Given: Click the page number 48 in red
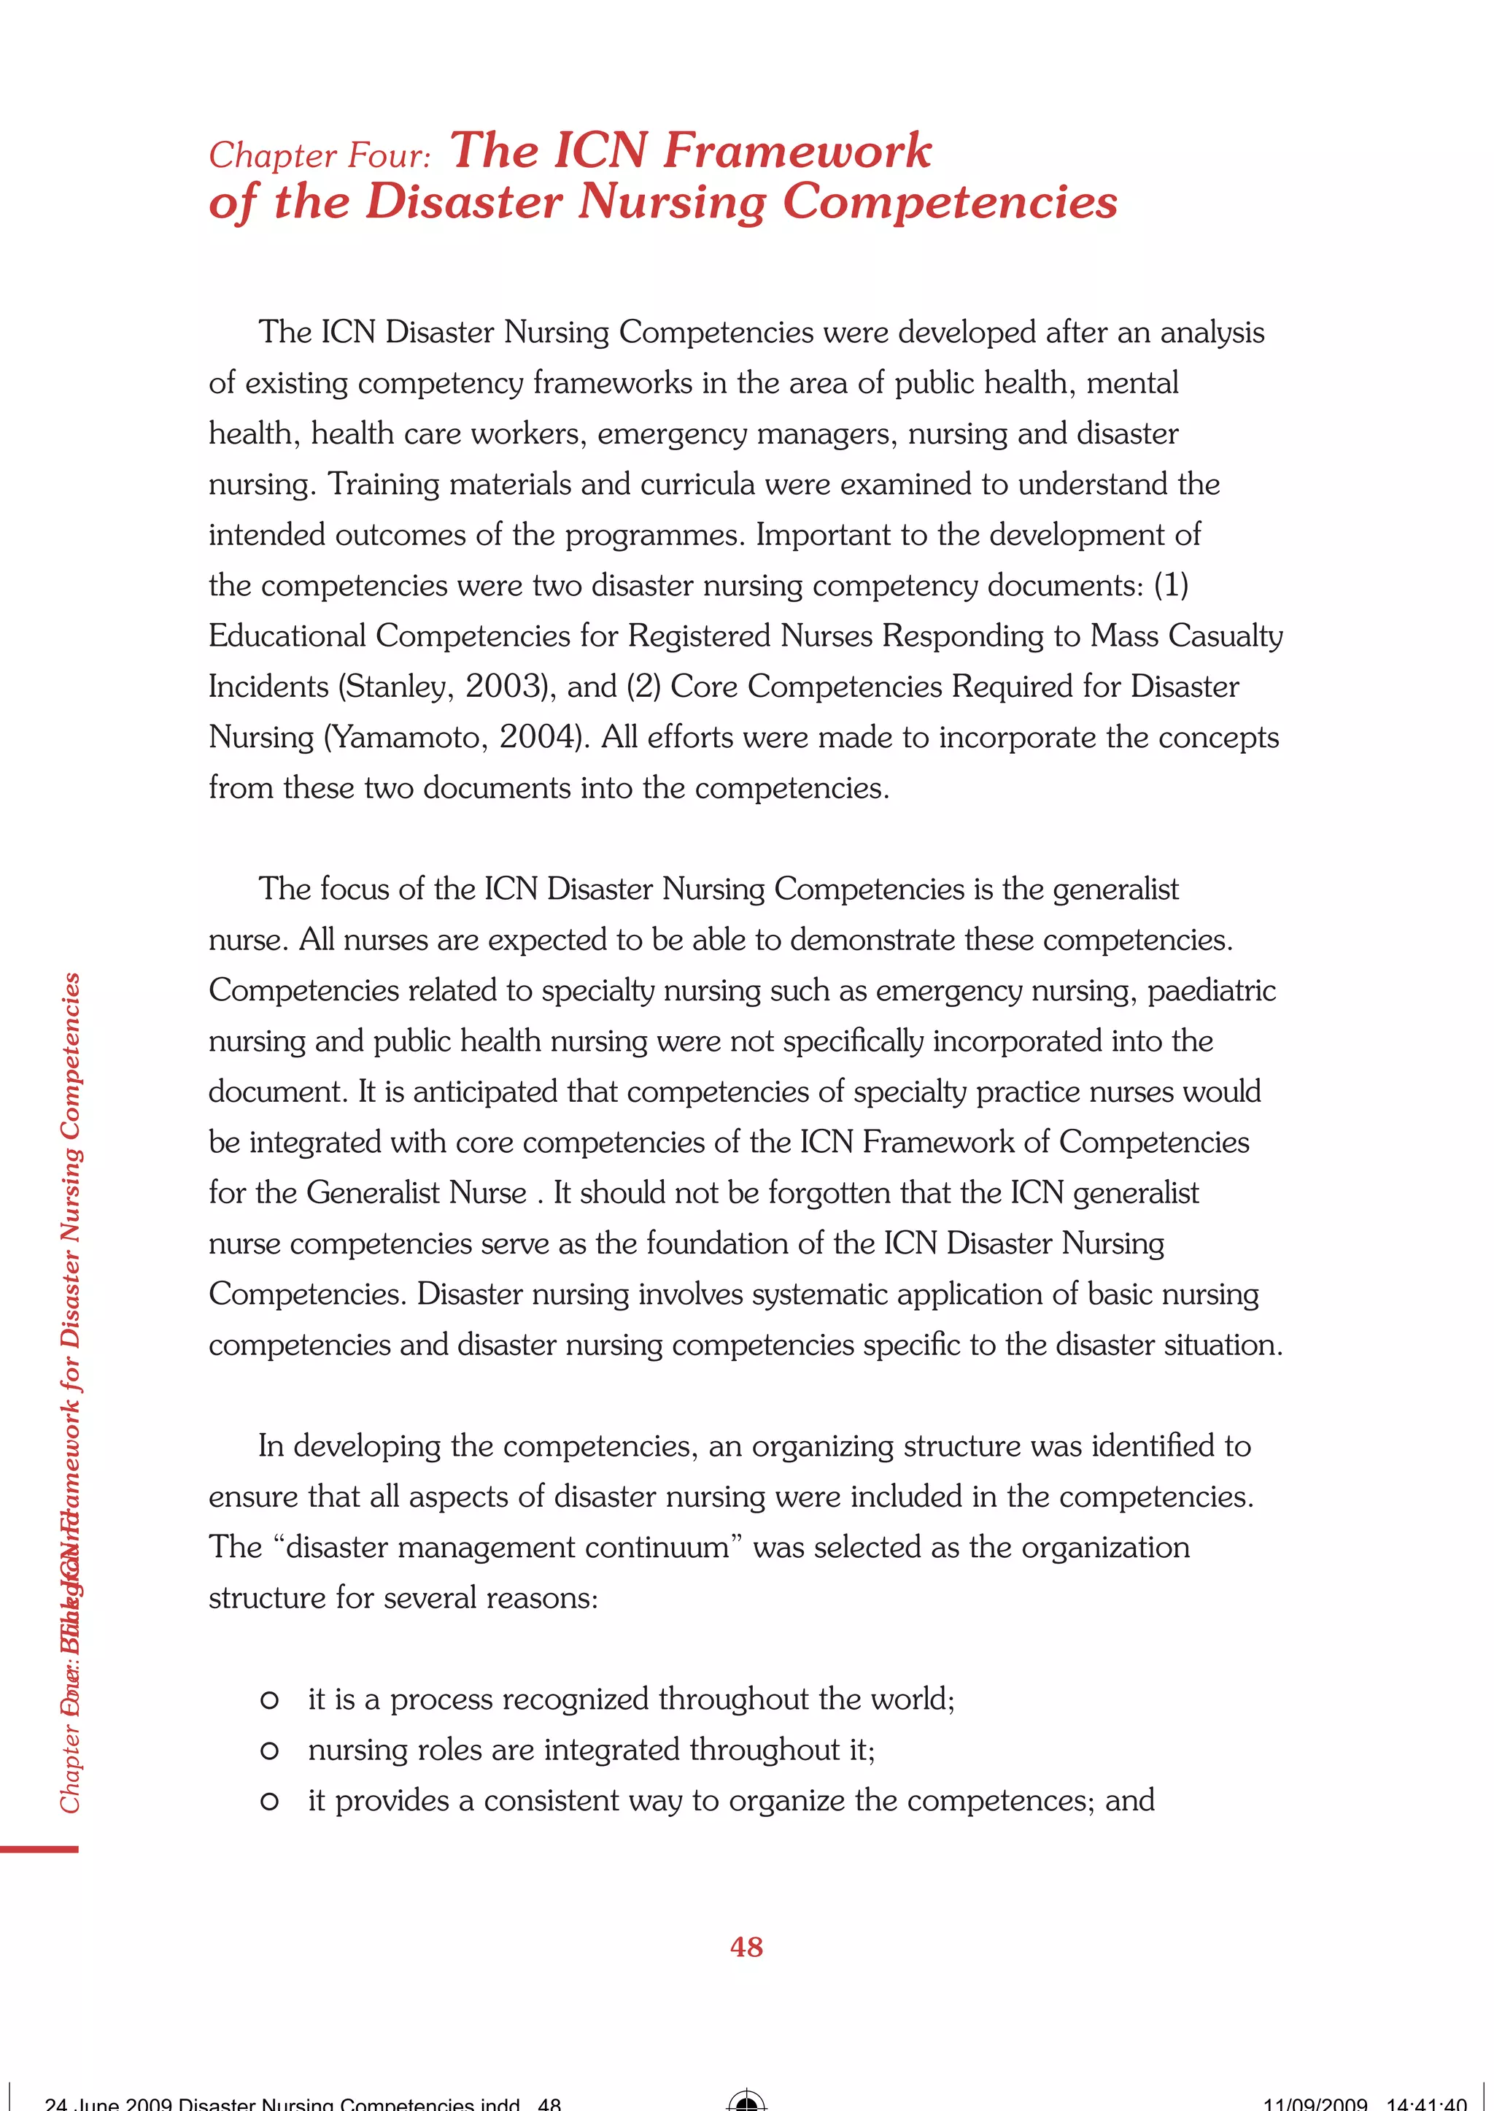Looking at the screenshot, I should [x=746, y=1946].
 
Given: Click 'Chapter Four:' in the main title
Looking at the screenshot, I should [x=320, y=155].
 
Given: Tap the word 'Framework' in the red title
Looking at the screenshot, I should [x=797, y=150].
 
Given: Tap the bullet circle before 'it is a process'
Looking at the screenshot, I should [x=269, y=1699].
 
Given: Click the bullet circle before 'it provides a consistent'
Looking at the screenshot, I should [x=269, y=1801].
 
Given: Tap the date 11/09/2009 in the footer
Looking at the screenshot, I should [x=1315, y=2104].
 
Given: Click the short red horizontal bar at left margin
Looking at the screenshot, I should [x=39, y=1848].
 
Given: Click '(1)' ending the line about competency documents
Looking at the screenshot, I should [x=1170, y=585].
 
